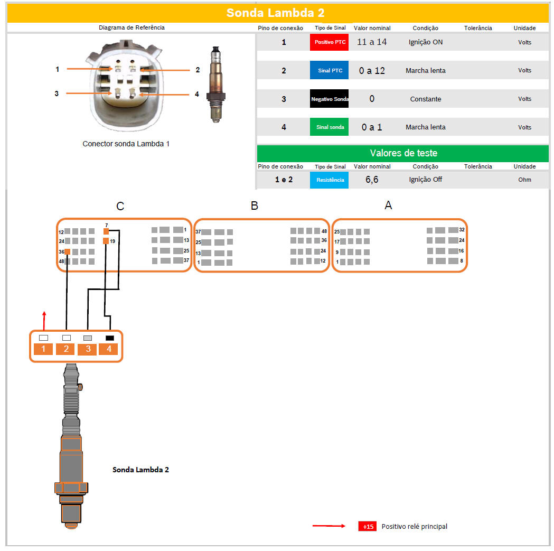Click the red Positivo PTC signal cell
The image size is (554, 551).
[x=329, y=42]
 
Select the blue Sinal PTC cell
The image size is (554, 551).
[x=329, y=70]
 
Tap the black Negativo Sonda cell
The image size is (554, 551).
[x=329, y=99]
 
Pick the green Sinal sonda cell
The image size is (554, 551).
[x=329, y=127]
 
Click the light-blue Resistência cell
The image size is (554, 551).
[x=329, y=180]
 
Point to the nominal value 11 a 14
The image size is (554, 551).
[x=372, y=42]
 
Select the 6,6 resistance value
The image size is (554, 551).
[x=372, y=180]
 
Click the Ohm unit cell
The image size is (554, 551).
[x=524, y=180]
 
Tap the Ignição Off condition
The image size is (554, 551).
[x=425, y=180]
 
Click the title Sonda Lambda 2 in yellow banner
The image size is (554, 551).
[x=275, y=13]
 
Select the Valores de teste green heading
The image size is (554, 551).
[x=403, y=153]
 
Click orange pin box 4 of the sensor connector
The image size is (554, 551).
[x=109, y=349]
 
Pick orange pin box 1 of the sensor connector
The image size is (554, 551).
[x=43, y=349]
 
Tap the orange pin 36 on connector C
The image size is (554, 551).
[x=67, y=252]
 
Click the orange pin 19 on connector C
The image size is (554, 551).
[x=106, y=241]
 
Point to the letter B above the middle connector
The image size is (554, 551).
[x=255, y=206]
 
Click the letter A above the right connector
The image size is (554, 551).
[x=388, y=206]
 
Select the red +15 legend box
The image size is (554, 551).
[x=368, y=527]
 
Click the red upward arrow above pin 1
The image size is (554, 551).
[x=44, y=321]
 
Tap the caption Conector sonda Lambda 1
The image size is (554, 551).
[x=126, y=144]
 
